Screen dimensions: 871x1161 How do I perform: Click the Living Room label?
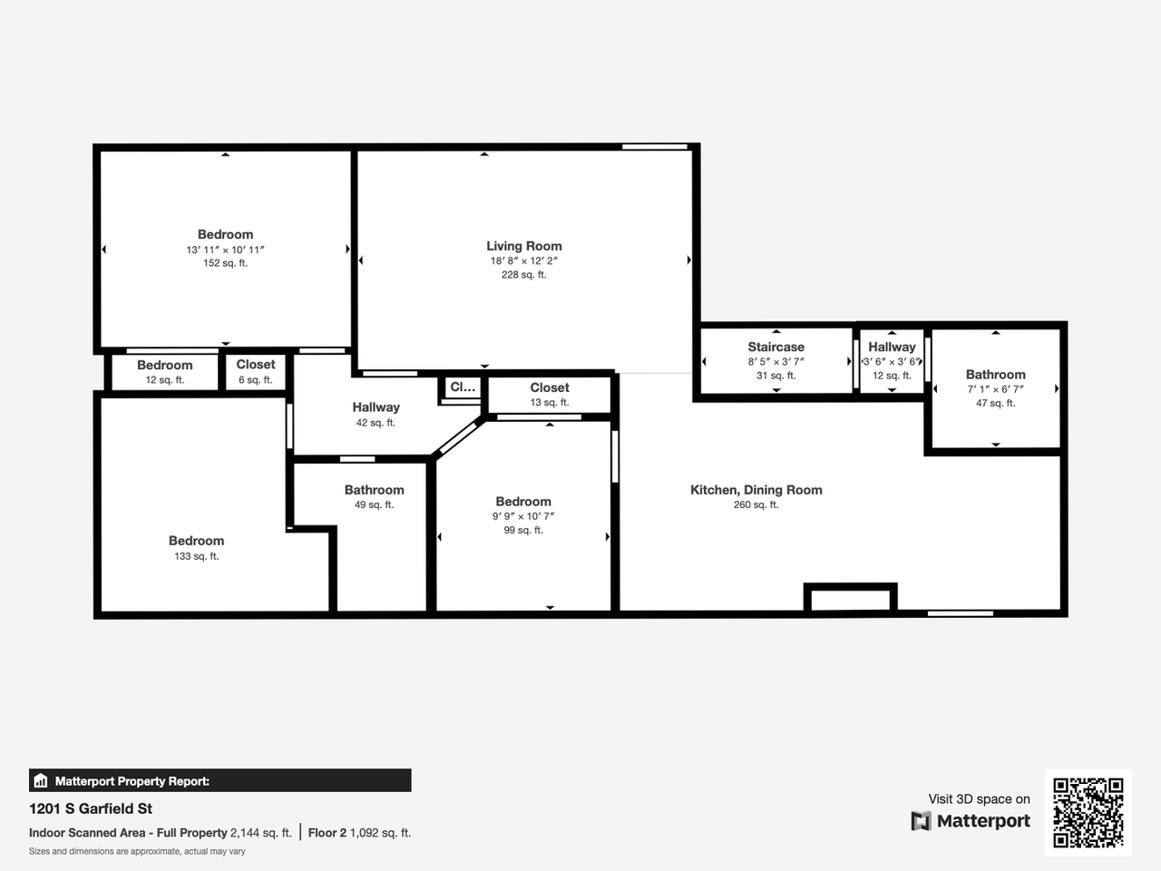[523, 246]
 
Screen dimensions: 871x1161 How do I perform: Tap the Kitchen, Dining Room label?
[756, 490]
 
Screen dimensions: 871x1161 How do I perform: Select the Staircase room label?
[776, 347]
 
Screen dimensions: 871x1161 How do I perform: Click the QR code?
[1088, 813]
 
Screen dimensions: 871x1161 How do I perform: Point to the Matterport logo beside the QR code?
[971, 821]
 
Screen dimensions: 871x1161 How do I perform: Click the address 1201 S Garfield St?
[91, 808]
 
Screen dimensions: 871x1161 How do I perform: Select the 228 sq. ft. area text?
[523, 275]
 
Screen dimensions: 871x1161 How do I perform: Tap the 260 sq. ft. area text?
[756, 505]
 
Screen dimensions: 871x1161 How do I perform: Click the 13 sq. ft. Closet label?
[550, 387]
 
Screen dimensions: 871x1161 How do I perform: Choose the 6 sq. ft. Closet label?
[256, 365]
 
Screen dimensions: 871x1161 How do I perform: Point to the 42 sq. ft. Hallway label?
[376, 407]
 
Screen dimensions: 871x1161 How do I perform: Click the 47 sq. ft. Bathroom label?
[995, 375]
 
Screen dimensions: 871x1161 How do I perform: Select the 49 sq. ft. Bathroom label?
[374, 490]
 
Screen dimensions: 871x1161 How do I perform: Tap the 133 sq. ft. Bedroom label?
[196, 541]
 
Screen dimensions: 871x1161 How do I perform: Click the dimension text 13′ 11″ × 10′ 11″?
[225, 250]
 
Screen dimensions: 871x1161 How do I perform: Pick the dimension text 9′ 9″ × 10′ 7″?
[523, 516]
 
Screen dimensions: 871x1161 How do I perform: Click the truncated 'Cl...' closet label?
[463, 387]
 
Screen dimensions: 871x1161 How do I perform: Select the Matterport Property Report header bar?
[220, 780]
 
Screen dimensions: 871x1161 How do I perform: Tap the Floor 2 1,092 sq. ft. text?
[359, 833]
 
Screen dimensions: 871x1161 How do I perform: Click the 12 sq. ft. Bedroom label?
[164, 366]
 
